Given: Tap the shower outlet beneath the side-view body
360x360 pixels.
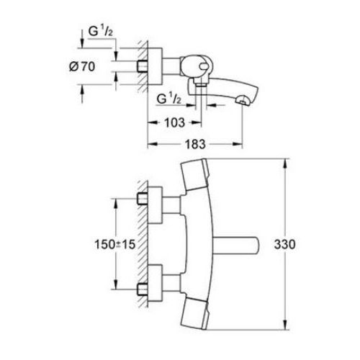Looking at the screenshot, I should tap(201, 84).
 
